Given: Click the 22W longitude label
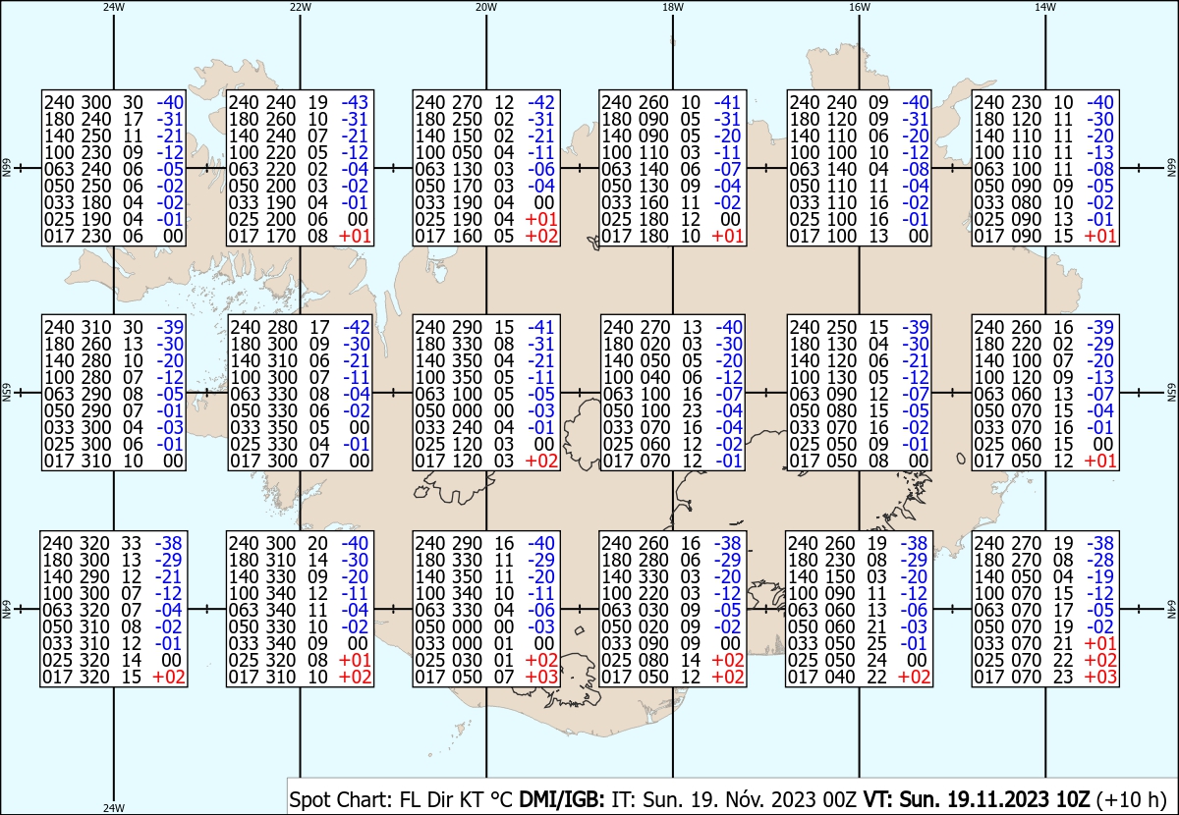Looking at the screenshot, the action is [300, 7].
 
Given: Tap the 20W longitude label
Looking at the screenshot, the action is [486, 7].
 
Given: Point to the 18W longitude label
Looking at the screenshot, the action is [673, 7].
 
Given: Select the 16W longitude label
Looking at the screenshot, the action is [859, 7].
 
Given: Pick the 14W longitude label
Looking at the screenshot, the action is [1045, 7].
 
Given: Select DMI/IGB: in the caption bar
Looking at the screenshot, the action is [562, 798].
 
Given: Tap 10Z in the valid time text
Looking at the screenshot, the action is [1072, 798].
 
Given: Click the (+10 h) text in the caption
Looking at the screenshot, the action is [1131, 799].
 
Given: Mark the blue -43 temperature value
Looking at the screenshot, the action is [355, 102].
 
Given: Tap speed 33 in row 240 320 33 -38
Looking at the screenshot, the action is [132, 543].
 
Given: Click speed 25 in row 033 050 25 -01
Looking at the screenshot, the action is [876, 643].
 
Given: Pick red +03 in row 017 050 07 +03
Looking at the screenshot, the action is [541, 678].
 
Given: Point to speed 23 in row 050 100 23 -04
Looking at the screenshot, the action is [692, 410].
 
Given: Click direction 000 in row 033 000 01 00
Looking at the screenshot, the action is [466, 643].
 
